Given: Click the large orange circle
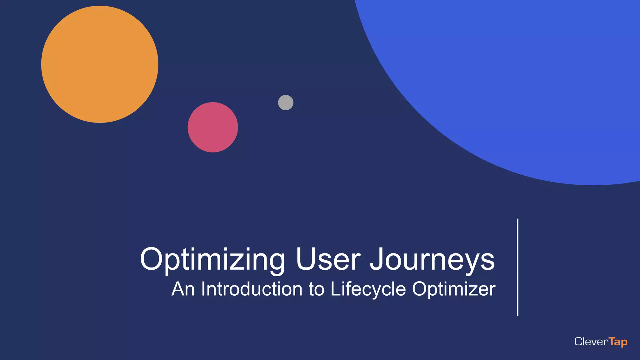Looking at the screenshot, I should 100,64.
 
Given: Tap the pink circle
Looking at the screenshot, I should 213,127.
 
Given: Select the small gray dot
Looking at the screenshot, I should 286,102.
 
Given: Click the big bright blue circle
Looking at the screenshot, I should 516,78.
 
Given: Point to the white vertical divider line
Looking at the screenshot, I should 518,267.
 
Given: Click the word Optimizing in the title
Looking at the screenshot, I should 212,259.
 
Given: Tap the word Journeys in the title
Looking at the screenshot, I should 432,259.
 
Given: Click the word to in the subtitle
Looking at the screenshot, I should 317,289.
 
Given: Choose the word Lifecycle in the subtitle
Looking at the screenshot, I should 368,289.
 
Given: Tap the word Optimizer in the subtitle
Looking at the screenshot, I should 454,289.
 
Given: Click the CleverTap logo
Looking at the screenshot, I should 601,342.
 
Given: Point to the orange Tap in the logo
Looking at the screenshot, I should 618,342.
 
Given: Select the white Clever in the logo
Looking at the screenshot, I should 591,342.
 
